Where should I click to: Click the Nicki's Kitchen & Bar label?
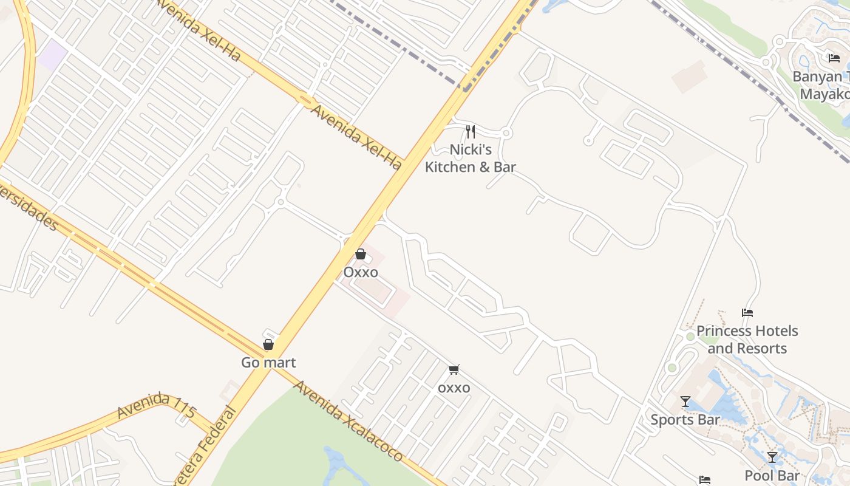pyautogui.click(x=470, y=158)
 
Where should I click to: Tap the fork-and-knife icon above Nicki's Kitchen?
pyautogui.click(x=470, y=131)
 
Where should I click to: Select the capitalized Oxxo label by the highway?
pyautogui.click(x=361, y=272)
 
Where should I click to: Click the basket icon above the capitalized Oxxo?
pyautogui.click(x=361, y=254)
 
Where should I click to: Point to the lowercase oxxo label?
pyautogui.click(x=454, y=388)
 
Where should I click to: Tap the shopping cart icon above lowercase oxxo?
pyautogui.click(x=454, y=369)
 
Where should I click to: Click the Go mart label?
pyautogui.click(x=268, y=363)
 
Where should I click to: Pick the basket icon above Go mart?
pyautogui.click(x=268, y=344)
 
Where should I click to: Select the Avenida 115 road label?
pyautogui.click(x=156, y=405)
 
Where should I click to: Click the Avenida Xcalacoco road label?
pyautogui.click(x=348, y=420)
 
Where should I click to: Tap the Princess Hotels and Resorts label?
pyautogui.click(x=747, y=340)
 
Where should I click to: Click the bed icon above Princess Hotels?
pyautogui.click(x=747, y=313)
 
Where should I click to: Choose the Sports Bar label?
pyautogui.click(x=685, y=420)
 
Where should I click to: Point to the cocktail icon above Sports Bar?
pyautogui.click(x=685, y=402)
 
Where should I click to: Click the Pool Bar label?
pyautogui.click(x=772, y=476)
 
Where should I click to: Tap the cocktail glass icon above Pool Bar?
pyautogui.click(x=772, y=457)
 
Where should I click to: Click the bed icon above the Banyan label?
pyautogui.click(x=834, y=58)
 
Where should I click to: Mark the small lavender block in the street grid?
pyautogui.click(x=53, y=54)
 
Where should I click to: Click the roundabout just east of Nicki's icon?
pyautogui.click(x=507, y=133)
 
